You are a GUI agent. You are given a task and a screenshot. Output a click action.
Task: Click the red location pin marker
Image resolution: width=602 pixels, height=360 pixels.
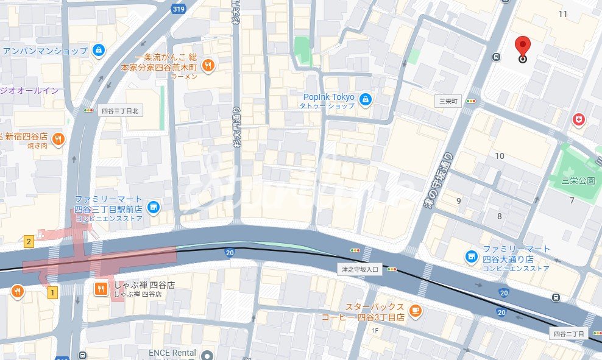click(x=522, y=47)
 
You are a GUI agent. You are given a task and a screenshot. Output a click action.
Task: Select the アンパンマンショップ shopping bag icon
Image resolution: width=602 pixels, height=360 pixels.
click(x=98, y=51)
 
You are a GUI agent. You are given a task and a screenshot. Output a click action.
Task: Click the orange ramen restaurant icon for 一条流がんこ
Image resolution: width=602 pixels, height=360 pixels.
click(x=208, y=65)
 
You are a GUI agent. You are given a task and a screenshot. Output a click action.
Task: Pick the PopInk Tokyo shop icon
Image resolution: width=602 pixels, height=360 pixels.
click(x=365, y=100)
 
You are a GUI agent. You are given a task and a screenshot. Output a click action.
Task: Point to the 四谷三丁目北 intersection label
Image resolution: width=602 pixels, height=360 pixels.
click(x=120, y=111)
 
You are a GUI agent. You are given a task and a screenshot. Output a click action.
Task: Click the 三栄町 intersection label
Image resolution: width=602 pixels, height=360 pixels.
click(x=447, y=101)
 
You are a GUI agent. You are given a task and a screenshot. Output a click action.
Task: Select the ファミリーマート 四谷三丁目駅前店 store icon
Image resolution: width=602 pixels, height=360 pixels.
click(x=153, y=208)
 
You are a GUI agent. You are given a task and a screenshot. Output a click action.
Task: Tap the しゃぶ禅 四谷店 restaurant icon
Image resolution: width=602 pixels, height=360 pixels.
click(x=101, y=288)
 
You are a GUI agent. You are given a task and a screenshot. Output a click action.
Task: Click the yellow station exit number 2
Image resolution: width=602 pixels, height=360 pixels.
click(x=29, y=241)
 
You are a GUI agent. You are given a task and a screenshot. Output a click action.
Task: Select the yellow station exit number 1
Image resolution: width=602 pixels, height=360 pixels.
click(x=52, y=293)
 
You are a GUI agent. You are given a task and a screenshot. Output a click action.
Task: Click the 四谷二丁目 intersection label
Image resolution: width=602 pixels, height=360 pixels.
click(x=568, y=334)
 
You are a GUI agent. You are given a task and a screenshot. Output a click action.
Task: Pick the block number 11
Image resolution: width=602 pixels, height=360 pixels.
click(x=562, y=14)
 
